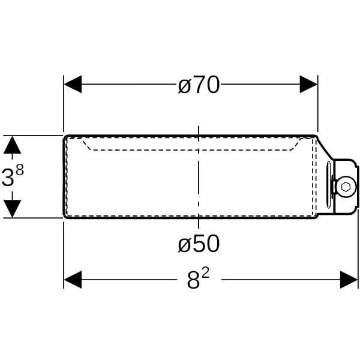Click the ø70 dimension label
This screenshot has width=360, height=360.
point(199,85)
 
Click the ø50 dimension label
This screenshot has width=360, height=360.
point(199,244)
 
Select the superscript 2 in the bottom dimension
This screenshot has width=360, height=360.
point(206,274)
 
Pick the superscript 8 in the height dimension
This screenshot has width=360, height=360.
point(20,170)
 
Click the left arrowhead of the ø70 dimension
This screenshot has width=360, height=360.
point(73,84)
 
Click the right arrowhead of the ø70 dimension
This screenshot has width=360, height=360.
point(308,84)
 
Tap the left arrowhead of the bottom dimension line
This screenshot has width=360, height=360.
point(73,280)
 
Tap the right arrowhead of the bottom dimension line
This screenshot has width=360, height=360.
point(349,280)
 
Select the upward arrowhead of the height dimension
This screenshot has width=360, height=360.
point(13,145)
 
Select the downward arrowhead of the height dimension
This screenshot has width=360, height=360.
point(13,209)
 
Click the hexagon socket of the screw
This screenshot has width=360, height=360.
point(346,187)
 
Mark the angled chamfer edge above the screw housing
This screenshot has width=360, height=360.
point(325,148)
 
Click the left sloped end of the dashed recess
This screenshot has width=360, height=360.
point(87,145)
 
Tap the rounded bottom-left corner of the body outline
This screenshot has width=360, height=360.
point(65,216)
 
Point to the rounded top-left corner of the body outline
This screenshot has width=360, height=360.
point(65,137)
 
